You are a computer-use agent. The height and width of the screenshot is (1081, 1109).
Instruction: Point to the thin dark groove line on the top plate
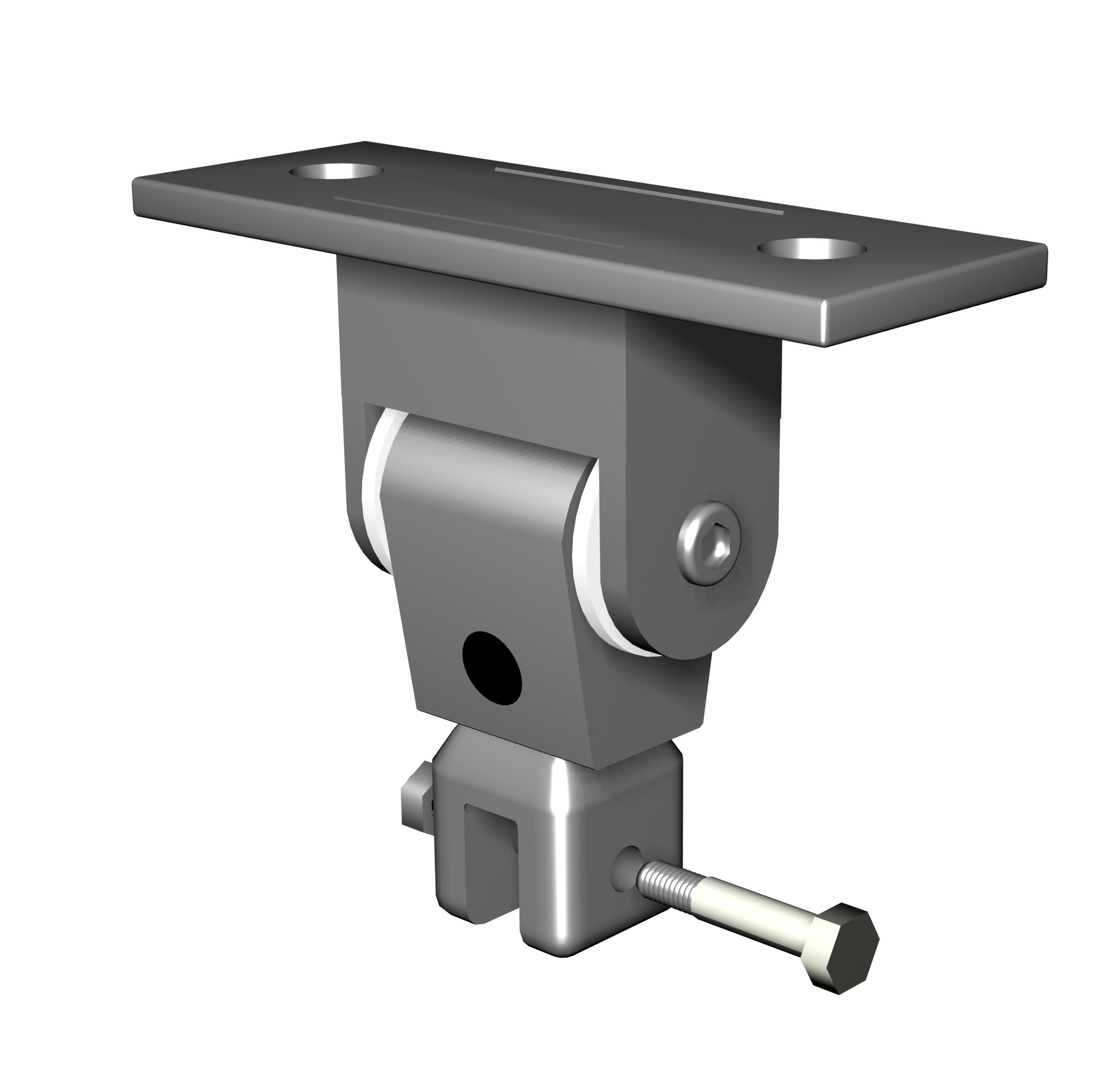tap(477, 222)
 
